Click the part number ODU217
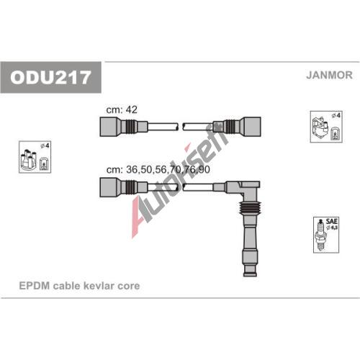click(x=50, y=78)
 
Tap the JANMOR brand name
click(x=329, y=75)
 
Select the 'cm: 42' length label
click(x=122, y=109)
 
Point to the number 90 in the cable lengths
click(x=204, y=169)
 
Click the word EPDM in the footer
click(x=35, y=286)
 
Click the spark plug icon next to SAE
click(x=320, y=235)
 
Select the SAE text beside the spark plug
click(x=331, y=221)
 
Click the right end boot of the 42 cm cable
click(x=251, y=127)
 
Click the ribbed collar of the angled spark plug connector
click(x=250, y=207)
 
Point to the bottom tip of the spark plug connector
click(x=250, y=276)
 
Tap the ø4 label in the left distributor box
click(x=45, y=145)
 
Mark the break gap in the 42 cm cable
click(x=181, y=127)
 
